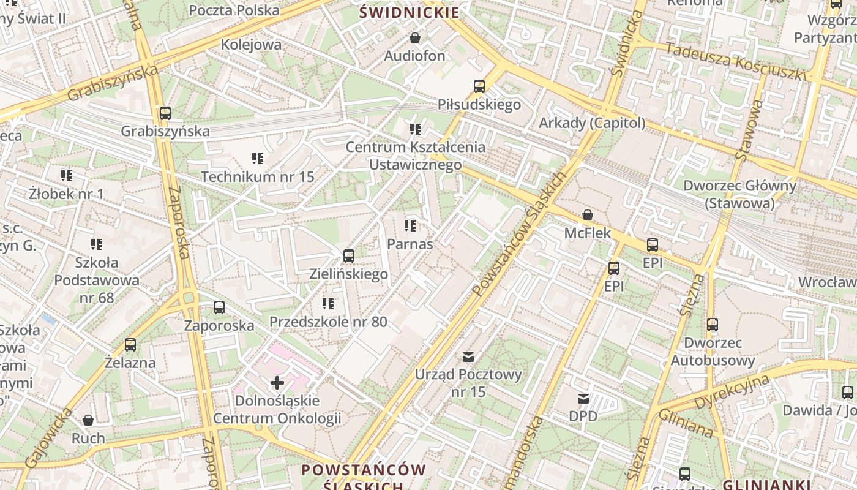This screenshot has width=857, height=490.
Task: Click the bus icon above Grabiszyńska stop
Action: (x=165, y=113)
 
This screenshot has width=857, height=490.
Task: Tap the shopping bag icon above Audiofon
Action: (x=415, y=38)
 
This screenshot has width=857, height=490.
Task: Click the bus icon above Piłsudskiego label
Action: (x=479, y=86)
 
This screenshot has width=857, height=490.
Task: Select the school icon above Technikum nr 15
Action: (x=258, y=159)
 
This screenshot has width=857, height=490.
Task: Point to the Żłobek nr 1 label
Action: (x=67, y=194)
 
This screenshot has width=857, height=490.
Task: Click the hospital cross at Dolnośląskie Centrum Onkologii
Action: (x=277, y=383)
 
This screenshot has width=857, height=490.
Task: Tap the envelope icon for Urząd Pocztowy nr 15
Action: (x=468, y=356)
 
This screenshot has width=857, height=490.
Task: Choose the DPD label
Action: (x=583, y=417)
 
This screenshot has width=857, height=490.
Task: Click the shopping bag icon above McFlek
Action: (x=587, y=215)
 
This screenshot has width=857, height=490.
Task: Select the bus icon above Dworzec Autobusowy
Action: (x=712, y=325)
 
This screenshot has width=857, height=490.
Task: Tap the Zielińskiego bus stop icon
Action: (x=349, y=255)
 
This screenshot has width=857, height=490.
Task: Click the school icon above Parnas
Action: (x=410, y=226)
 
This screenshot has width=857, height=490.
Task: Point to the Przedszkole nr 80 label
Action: (x=328, y=322)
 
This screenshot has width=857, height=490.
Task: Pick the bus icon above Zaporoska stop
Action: (x=219, y=307)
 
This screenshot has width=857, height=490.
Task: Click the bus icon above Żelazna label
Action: (x=130, y=345)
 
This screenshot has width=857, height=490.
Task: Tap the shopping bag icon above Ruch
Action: (x=88, y=420)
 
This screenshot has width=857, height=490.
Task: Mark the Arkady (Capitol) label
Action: (x=592, y=123)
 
